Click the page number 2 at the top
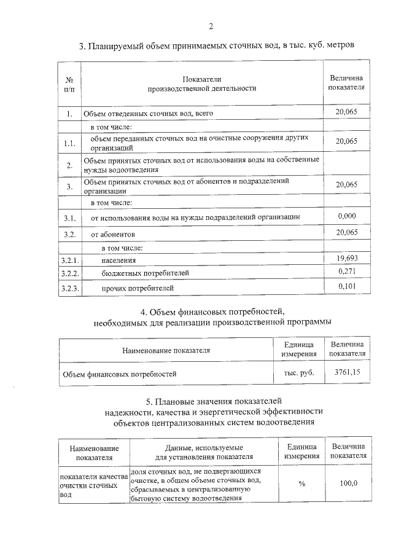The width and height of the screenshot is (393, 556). coord(211,26)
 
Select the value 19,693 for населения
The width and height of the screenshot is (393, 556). coord(347,259)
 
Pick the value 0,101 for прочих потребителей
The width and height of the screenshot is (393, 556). coord(347,286)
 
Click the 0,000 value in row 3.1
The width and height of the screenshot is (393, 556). coord(347,216)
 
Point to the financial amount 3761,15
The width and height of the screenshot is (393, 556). coord(347,372)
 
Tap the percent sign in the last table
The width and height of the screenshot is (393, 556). coord(302,484)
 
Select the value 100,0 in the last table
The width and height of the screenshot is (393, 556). coord(348,484)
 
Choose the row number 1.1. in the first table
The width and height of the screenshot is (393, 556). coord(69,144)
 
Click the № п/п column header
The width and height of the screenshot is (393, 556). coord(69,84)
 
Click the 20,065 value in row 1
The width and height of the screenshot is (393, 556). coord(347,112)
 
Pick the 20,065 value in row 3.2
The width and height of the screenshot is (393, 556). coord(347,232)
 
